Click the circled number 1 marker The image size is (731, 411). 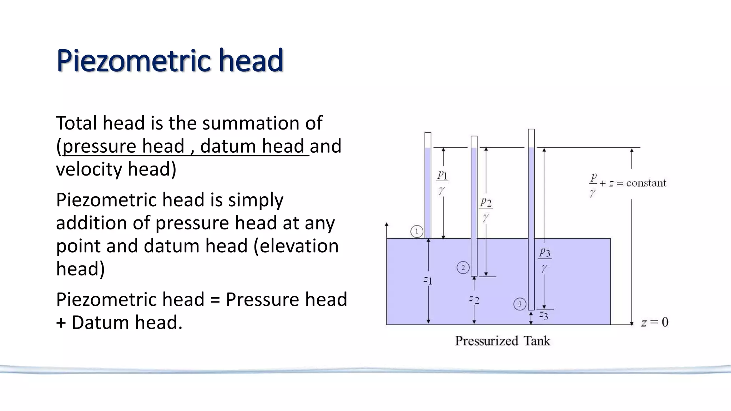click(x=417, y=231)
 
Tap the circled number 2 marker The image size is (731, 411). click(x=463, y=268)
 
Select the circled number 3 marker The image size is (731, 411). click(x=520, y=304)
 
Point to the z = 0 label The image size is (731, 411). click(x=655, y=323)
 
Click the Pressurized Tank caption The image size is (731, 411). click(x=502, y=341)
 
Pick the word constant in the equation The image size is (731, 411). click(x=646, y=183)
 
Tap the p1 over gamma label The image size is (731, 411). click(x=442, y=182)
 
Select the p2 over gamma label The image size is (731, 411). click(x=486, y=209)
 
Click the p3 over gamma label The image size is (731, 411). click(x=545, y=259)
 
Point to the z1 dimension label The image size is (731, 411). click(x=428, y=280)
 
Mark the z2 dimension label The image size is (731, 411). click(x=474, y=299)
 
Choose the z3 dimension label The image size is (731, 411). click(x=544, y=315)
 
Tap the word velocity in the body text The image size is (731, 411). click(x=89, y=169)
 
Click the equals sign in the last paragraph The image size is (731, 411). click(x=215, y=299)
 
